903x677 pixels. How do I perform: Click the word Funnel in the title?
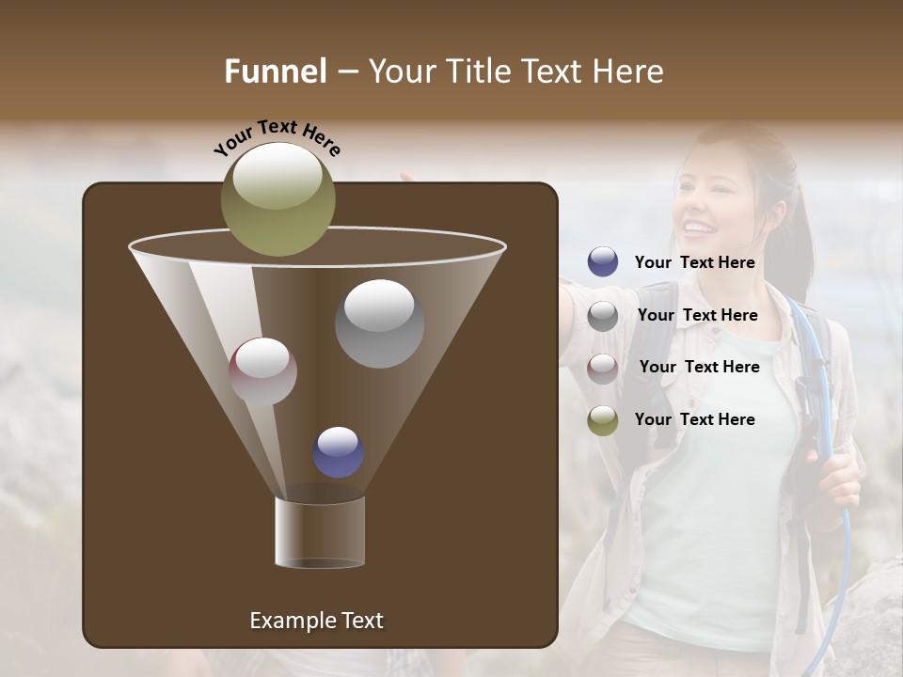(276, 71)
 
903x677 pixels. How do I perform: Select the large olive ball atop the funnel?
(277, 199)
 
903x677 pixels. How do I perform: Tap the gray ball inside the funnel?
(379, 323)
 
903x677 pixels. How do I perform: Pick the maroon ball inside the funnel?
(262, 371)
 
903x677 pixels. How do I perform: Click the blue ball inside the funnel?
(338, 452)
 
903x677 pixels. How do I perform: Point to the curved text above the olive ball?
(277, 138)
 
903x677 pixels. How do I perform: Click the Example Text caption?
(316, 621)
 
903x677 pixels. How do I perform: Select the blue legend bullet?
(603, 262)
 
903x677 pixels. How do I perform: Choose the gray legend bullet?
(603, 316)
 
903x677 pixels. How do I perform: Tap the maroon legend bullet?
(603, 369)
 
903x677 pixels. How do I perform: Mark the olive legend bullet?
(603, 420)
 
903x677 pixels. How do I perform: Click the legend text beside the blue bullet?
(694, 263)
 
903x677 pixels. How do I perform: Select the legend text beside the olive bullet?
(694, 419)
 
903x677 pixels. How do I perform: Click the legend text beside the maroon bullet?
(699, 367)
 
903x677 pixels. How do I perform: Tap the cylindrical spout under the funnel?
(320, 532)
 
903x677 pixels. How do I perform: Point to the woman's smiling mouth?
(697, 227)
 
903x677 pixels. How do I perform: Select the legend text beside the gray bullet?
(697, 315)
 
